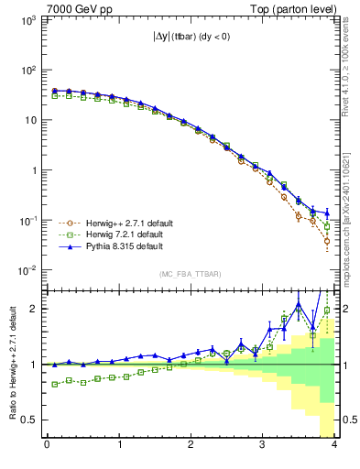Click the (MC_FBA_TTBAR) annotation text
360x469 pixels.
point(189,274)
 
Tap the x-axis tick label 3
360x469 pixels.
point(262,446)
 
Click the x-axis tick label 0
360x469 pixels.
point(47,446)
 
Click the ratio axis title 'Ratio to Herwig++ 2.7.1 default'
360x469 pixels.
point(10,364)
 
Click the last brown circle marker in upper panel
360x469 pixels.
point(327,241)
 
